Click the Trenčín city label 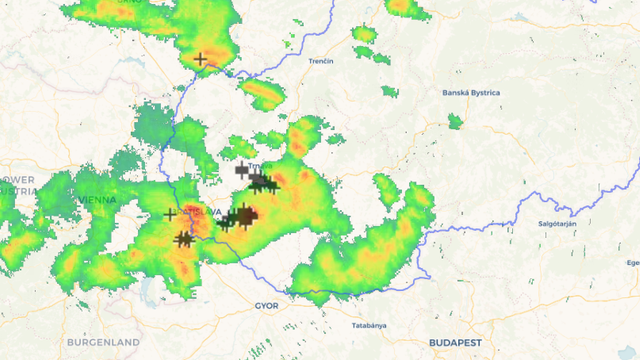pyautogui.click(x=320, y=61)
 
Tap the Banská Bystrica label pyautogui.click(x=470, y=93)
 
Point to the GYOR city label pyautogui.click(x=266, y=305)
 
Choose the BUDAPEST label pyautogui.click(x=455, y=342)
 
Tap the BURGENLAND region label pyautogui.click(x=103, y=342)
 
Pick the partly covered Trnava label pyautogui.click(x=263, y=167)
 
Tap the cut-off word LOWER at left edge pyautogui.click(x=16, y=180)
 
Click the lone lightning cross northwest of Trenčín pyautogui.click(x=201, y=59)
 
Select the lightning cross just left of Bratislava pyautogui.click(x=170, y=214)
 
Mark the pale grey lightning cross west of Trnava pyautogui.click(x=241, y=170)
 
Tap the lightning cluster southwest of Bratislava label pyautogui.click(x=183, y=239)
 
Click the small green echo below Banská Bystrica pyautogui.click(x=456, y=122)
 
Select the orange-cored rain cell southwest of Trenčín pyautogui.click(x=263, y=95)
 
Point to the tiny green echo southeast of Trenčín pyautogui.click(x=389, y=93)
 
